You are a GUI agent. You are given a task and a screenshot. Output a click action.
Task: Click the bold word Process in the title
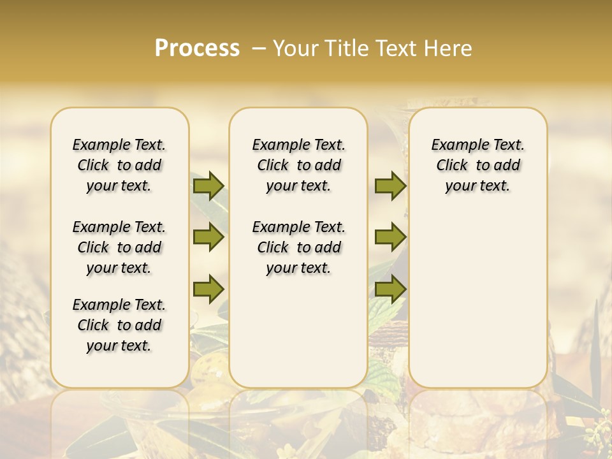tap(197, 48)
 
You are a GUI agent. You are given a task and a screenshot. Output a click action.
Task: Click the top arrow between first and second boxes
tap(208, 186)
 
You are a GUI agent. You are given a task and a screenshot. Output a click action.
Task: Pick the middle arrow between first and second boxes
tap(208, 237)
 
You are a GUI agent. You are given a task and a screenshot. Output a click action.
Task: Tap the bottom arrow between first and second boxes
tap(208, 288)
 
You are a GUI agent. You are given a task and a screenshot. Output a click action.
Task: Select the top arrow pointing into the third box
tap(390, 186)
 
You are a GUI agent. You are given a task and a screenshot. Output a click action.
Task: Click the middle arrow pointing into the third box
tap(390, 237)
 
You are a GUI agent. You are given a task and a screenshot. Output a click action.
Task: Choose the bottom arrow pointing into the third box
tap(390, 288)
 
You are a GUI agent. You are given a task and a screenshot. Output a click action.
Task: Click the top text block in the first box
tap(119, 165)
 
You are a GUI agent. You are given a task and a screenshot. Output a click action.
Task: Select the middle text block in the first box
tap(119, 247)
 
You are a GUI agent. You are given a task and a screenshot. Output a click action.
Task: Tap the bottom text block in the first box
tap(119, 325)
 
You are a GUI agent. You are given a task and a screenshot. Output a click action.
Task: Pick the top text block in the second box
tap(298, 165)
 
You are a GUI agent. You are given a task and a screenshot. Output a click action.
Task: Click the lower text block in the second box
tap(298, 247)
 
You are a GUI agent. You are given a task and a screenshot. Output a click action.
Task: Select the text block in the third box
tap(477, 165)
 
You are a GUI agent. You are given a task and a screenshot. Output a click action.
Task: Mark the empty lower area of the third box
tap(477, 300)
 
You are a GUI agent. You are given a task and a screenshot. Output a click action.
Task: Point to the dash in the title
tap(258, 48)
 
